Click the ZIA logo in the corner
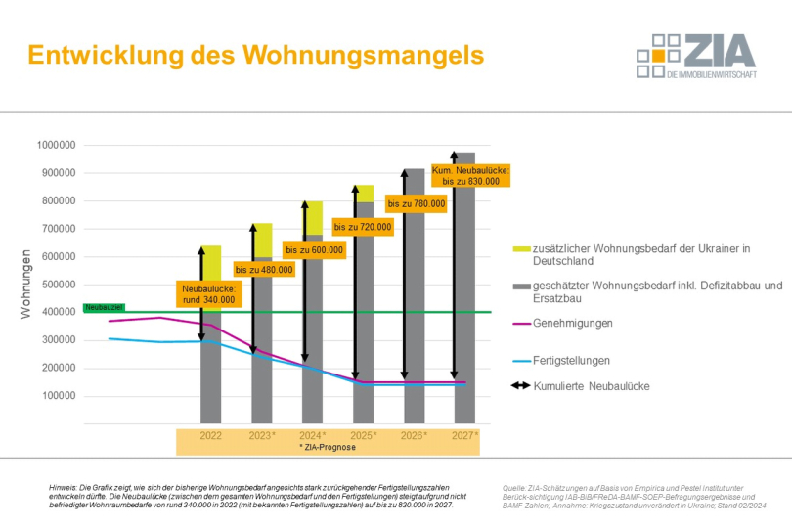(x=696, y=56)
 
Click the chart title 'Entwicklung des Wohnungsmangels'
(x=255, y=55)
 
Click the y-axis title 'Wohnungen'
(x=26, y=285)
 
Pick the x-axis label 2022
(x=211, y=434)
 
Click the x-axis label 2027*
(x=464, y=434)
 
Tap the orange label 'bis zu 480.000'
(x=264, y=269)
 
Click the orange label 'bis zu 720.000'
(x=363, y=227)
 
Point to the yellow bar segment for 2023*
(x=262, y=240)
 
